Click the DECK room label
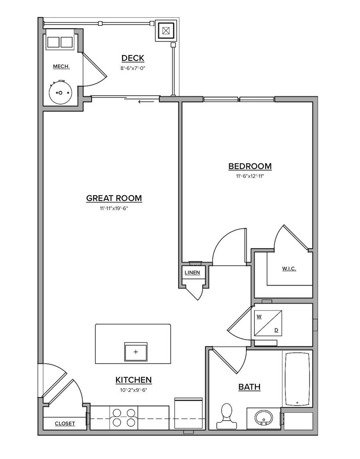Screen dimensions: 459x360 (132, 58)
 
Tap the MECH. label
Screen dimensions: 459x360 (61, 66)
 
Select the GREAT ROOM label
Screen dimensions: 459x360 (114, 198)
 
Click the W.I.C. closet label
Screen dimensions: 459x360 (289, 269)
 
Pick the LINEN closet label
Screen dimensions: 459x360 (192, 273)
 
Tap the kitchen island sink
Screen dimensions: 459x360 (136, 352)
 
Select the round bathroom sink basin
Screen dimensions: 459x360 (264, 418)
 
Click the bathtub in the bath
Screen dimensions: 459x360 (297, 378)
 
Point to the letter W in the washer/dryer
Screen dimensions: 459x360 (259, 317)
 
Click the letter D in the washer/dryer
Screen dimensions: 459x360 (276, 330)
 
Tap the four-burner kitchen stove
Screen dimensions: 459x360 (124, 417)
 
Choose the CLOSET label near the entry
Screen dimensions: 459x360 (65, 423)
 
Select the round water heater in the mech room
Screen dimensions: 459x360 (60, 92)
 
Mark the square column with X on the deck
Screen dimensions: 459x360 (166, 30)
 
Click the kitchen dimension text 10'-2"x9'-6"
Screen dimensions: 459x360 (133, 390)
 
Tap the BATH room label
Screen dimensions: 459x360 (249, 387)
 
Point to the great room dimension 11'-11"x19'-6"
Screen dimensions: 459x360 (114, 208)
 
